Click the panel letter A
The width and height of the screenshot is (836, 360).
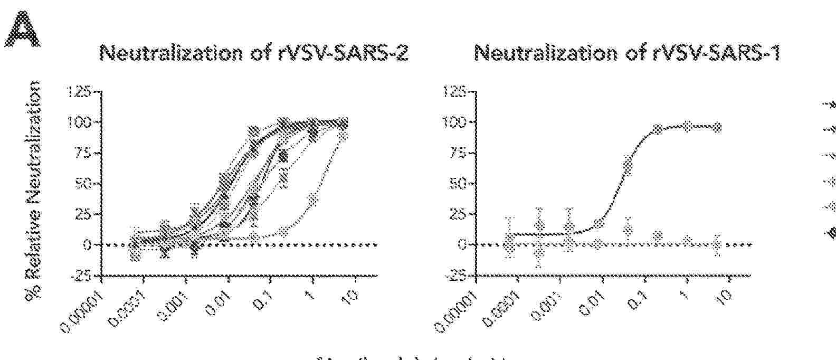click(23, 32)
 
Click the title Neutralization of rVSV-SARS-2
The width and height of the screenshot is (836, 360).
click(254, 54)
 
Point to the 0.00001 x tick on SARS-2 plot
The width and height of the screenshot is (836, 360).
click(83, 311)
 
